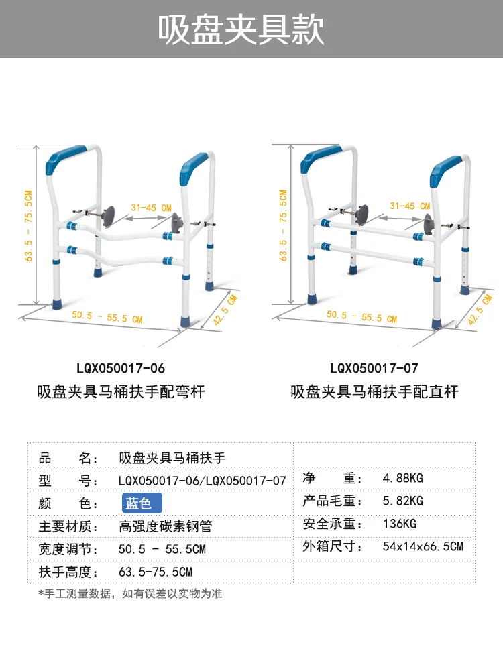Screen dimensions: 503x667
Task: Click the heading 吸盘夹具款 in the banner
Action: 241,29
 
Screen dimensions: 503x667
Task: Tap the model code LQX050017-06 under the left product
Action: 120,369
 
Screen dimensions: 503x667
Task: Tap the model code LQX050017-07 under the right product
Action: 374,369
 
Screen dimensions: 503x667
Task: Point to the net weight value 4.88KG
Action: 402,479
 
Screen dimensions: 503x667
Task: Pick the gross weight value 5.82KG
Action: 402,501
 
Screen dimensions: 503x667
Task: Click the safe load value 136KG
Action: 399,524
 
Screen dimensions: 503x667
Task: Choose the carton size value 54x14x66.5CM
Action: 423,546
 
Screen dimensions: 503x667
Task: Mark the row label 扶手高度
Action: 68,572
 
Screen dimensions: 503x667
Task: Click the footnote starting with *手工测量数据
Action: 130,593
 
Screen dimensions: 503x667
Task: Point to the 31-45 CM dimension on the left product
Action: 152,208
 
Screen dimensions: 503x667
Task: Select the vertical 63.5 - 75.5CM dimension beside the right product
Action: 284,225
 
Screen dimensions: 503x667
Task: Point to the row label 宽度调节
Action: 68,549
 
